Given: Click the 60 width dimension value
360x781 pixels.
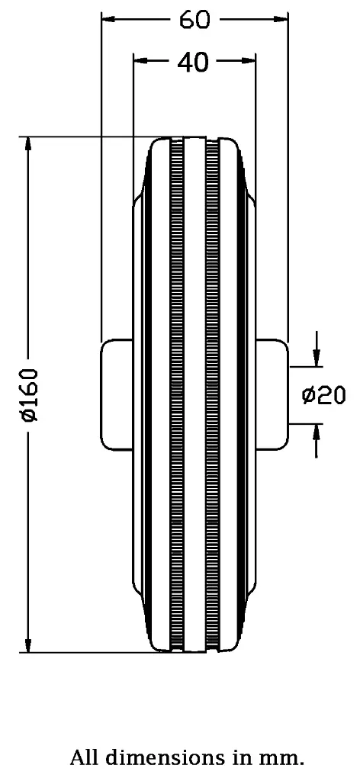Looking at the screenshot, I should coord(194,20).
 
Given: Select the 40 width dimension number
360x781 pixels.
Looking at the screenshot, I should coord(193,63).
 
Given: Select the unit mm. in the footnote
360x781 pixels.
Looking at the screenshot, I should coord(284,758).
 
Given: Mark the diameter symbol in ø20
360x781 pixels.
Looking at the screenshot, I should coord(310,395).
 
